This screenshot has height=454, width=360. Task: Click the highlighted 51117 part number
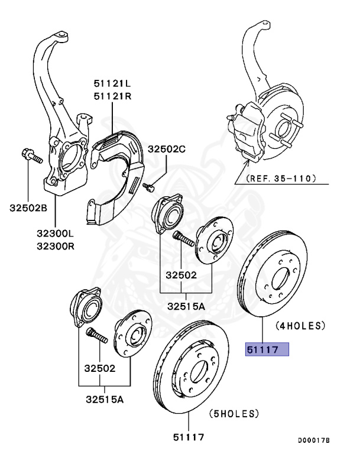click(267, 349)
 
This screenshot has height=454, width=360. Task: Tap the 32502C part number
click(167, 149)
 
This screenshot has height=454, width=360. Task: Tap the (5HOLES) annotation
click(234, 413)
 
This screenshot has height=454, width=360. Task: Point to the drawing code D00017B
click(313, 440)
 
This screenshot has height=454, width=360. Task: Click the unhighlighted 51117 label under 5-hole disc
click(189, 437)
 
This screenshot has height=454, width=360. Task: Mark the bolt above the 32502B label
click(32, 157)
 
